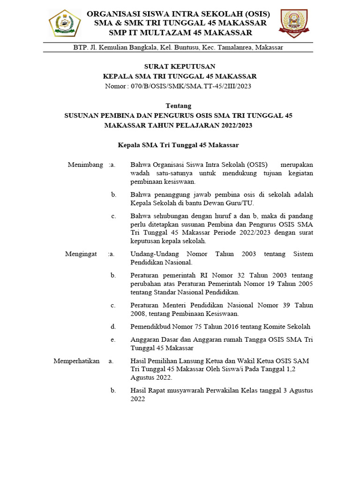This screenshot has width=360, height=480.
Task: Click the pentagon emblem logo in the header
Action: pos(65,23)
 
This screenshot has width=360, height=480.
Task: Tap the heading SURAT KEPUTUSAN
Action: pos(180,67)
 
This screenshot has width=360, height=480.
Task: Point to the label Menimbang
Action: pos(85,165)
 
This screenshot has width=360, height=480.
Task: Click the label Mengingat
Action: pos(81,254)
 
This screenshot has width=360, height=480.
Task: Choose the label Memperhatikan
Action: pos(76,360)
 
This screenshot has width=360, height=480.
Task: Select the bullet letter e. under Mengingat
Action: pos(113,339)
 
